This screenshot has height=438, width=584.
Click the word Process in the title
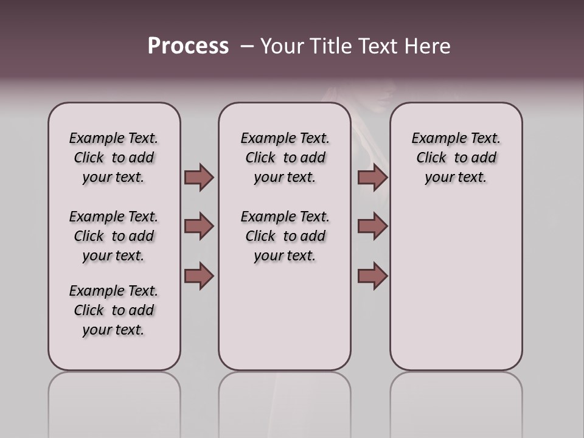point(188,46)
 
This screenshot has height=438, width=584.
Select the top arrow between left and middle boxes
point(199,178)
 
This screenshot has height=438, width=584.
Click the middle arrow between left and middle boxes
point(199,226)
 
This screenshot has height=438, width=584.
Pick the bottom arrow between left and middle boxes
point(199,276)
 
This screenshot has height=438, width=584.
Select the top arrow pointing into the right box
point(372,178)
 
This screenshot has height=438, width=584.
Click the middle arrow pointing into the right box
point(372,226)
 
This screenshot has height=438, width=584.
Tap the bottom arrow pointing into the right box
point(372,276)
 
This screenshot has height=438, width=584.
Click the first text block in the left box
point(114,158)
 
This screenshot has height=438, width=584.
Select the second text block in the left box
point(114,236)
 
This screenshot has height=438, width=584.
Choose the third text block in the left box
point(114,310)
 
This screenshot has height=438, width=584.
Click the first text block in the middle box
point(285,158)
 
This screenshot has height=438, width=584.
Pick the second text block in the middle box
point(285,236)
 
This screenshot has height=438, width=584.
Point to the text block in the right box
point(456,158)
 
